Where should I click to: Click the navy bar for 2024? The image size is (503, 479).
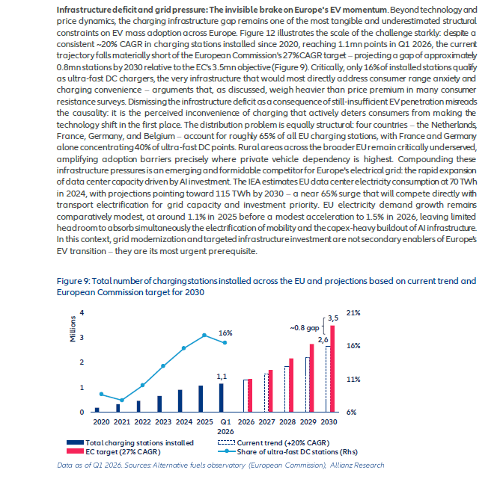tap(180, 401)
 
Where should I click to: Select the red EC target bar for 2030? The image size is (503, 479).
tap(332, 368)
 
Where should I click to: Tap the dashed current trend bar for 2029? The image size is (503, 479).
tap(308, 385)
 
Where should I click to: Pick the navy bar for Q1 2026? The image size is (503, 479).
tap(222, 398)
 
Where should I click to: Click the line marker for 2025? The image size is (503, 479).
tap(204, 336)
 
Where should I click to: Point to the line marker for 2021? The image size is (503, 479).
tap(122, 400)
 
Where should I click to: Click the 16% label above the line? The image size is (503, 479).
tap(225, 333)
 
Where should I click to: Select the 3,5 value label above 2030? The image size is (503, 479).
tap(333, 318)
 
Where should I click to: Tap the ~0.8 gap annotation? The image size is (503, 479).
tap(305, 328)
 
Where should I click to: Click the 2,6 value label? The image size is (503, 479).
tap(323, 340)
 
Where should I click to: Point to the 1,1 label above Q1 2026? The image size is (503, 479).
tap(222, 377)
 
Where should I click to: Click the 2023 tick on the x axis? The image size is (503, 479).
tap(163, 421)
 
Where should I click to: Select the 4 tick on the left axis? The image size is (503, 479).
tap(82, 312)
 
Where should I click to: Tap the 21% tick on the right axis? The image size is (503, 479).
tap(353, 313)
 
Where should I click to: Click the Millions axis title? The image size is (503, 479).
tap(73, 329)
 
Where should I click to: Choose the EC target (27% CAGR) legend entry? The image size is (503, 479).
tap(114, 451)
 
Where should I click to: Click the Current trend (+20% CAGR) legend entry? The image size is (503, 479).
tap(274, 442)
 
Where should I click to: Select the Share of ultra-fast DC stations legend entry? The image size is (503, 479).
tap(287, 451)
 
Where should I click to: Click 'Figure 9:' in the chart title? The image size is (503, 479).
tap(73, 281)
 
